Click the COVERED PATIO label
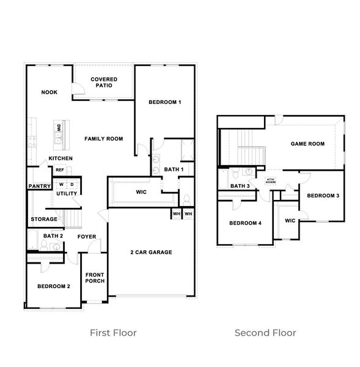pyautogui.click(x=104, y=82)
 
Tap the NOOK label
pyautogui.click(x=49, y=92)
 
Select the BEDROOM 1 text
pyautogui.click(x=165, y=102)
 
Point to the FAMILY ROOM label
pyautogui.click(x=103, y=139)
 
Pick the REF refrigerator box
pyautogui.click(x=60, y=170)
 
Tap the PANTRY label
pyautogui.click(x=39, y=187)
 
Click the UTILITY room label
pyautogui.click(x=67, y=193)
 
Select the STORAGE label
pyautogui.click(x=44, y=219)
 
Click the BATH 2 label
pyautogui.click(x=53, y=235)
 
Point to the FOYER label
pyautogui.click(x=86, y=236)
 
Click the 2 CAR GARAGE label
pyautogui.click(x=151, y=252)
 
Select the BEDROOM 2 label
pyautogui.click(x=53, y=286)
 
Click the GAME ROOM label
pyautogui.click(x=307, y=144)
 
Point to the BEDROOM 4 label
pyautogui.click(x=245, y=223)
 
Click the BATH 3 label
pyautogui.click(x=240, y=186)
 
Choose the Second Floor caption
pyautogui.click(x=265, y=333)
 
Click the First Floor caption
pyautogui.click(x=113, y=333)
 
